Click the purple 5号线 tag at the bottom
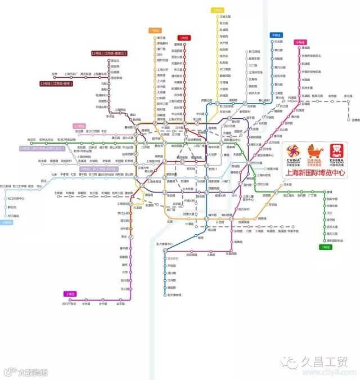70,294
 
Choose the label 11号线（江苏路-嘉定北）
109,53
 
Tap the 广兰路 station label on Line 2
312,195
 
